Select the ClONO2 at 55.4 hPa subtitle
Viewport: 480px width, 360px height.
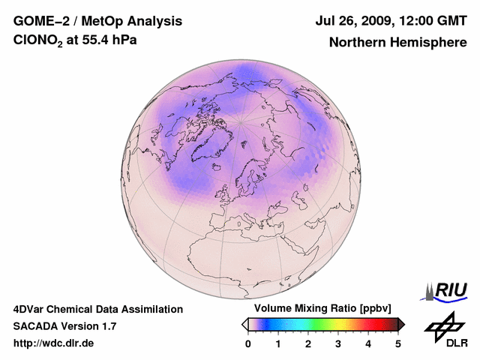click(x=75, y=40)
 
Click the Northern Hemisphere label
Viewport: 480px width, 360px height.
click(x=397, y=42)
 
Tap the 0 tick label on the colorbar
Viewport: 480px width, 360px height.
click(x=248, y=343)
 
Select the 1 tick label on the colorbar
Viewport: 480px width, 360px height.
click(x=278, y=343)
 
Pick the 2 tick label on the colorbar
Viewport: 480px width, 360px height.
click(x=308, y=343)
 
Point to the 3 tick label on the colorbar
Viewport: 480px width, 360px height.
click(x=338, y=343)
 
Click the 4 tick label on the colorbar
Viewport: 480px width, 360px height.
click(x=368, y=343)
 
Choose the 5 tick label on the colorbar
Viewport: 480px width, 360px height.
click(x=398, y=343)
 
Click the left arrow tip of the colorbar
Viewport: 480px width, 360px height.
click(x=244, y=324)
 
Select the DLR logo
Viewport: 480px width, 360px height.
click(x=443, y=330)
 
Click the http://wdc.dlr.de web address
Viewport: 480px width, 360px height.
click(x=54, y=343)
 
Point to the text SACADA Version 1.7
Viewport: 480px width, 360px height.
click(x=64, y=326)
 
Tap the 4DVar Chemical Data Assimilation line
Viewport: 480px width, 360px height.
click(x=97, y=309)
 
